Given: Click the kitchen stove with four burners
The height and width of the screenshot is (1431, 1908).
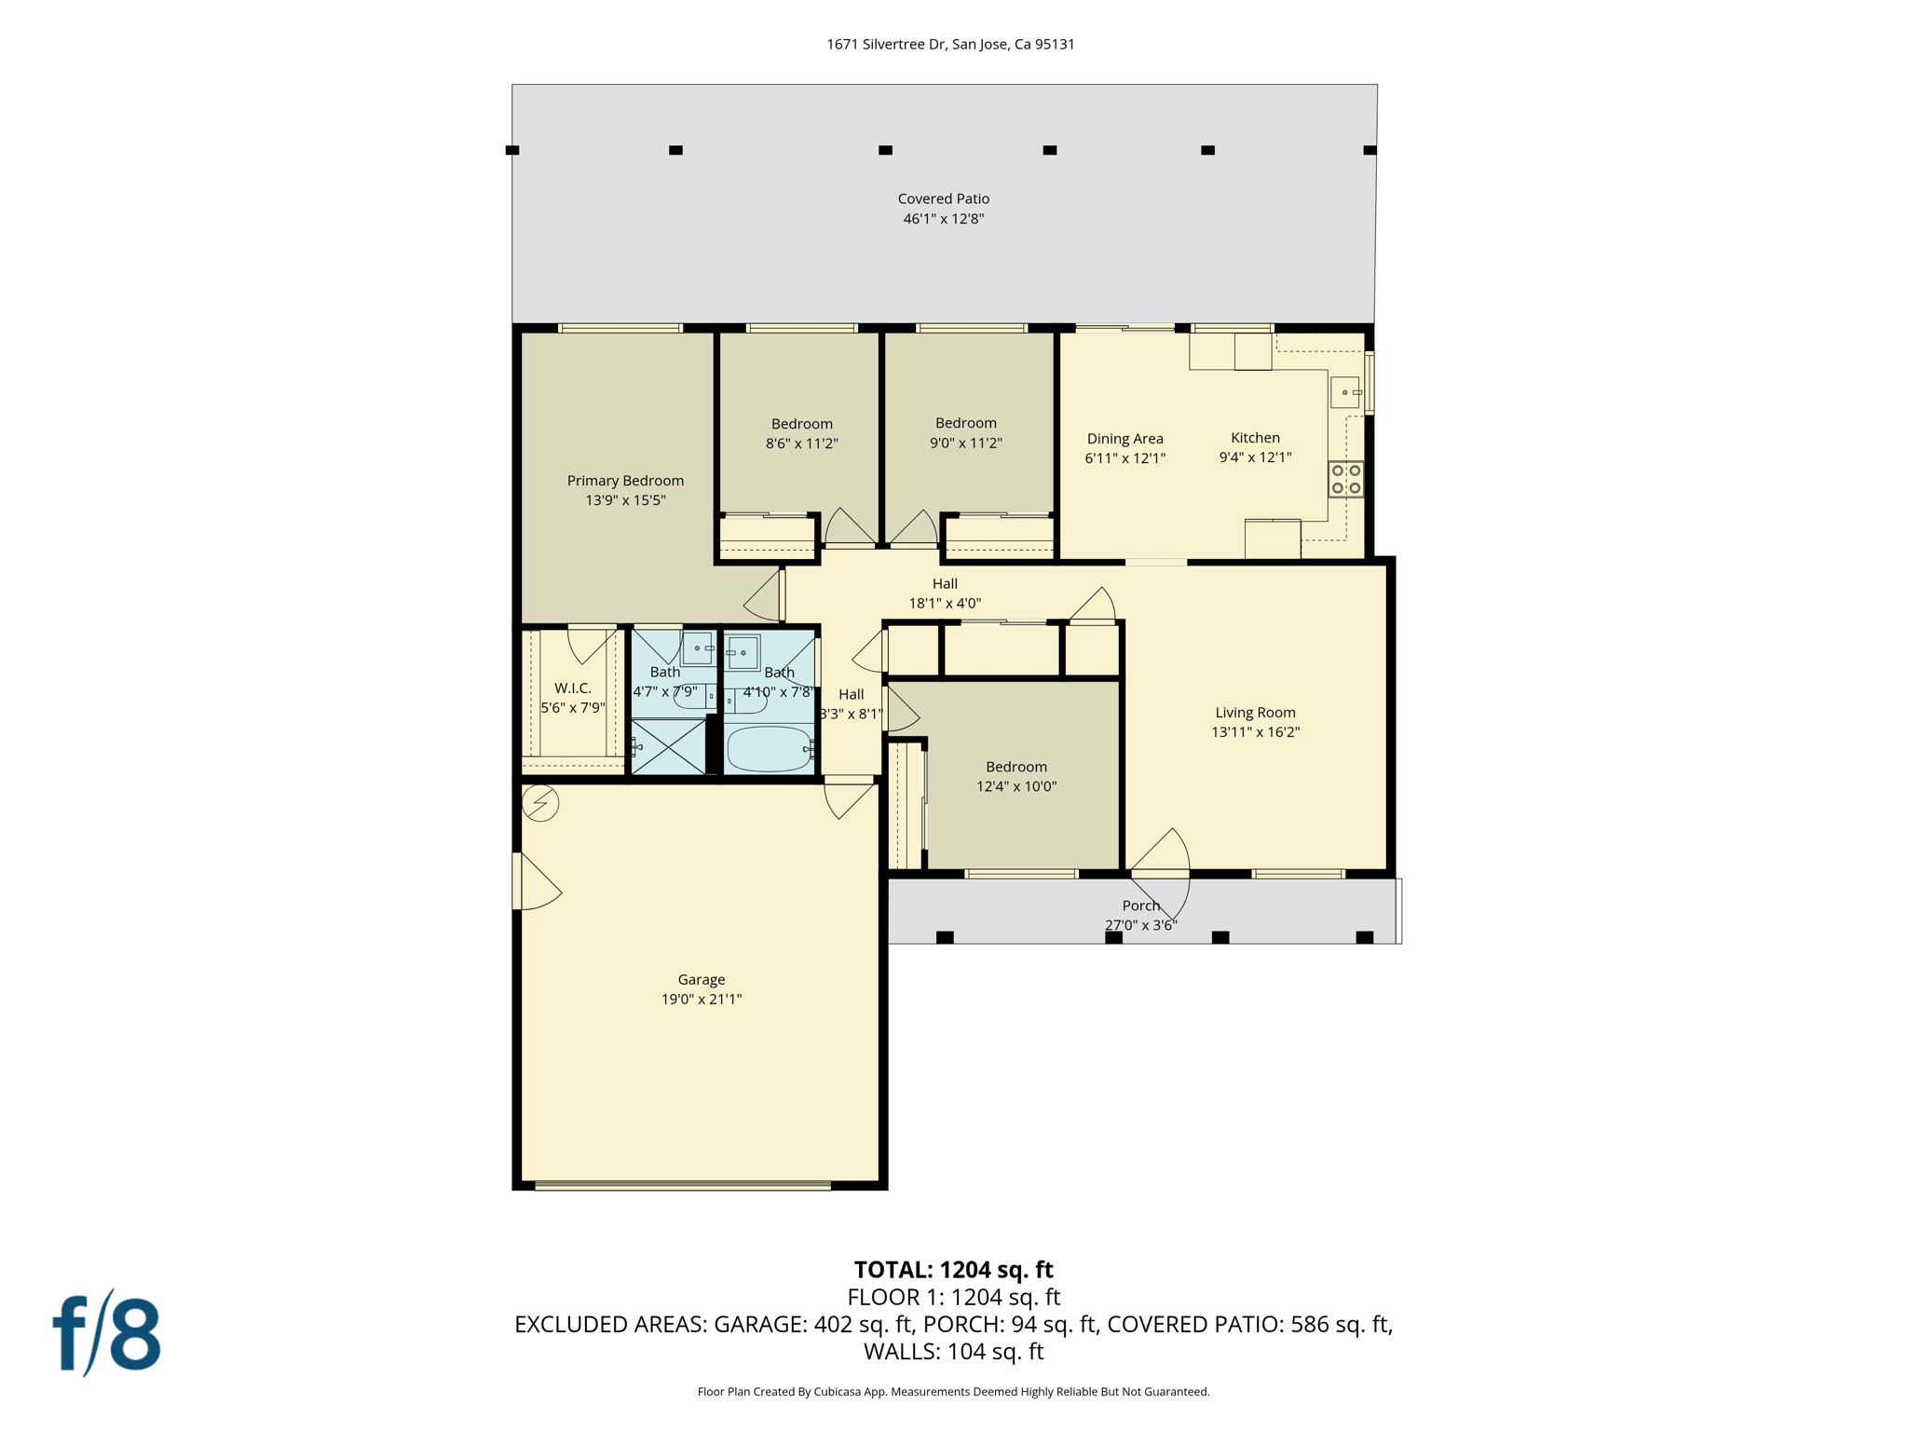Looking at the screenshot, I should coord(1345,479).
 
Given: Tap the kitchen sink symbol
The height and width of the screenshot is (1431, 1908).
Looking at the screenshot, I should coord(1344,392).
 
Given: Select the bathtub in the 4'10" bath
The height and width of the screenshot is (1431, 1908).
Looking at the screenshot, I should coord(770,748).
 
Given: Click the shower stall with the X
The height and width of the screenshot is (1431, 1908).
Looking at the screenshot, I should coord(668,746).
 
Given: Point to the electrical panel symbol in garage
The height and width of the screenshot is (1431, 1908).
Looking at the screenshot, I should coord(540,803).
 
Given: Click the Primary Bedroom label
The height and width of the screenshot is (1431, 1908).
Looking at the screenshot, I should coord(625,481).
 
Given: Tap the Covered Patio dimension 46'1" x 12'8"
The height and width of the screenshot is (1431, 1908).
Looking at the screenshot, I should coord(943,219).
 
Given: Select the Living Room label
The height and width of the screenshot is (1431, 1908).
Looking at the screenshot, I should coord(1255,713).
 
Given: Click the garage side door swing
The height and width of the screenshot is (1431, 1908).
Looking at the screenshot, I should coord(538,882).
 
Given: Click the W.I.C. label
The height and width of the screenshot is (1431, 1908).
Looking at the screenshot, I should coord(572,688).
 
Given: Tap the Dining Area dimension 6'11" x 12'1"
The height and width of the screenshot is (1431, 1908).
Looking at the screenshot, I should coord(1124,458).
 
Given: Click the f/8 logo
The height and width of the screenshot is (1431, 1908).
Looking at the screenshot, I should coord(106,1333).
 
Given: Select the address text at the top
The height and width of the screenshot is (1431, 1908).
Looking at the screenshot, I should coord(950,44).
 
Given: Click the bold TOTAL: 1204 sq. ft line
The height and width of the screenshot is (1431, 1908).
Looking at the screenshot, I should coord(953,1270).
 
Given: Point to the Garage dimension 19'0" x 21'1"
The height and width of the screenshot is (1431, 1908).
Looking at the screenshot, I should coord(701,1000).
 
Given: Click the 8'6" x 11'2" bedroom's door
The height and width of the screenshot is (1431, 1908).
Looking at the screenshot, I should coord(848,527).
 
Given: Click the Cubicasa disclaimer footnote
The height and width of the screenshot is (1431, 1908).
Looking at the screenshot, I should coord(953,1392).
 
